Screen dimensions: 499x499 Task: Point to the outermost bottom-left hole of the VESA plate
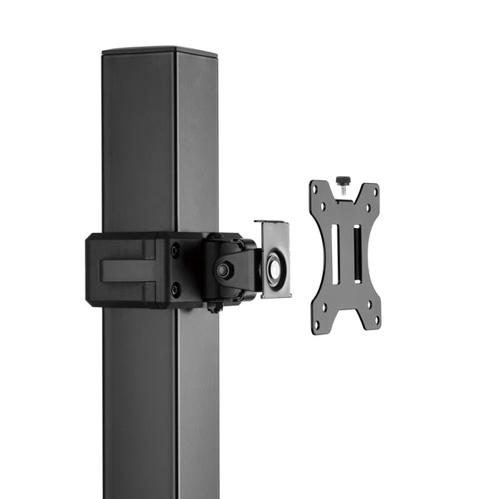point(317,324)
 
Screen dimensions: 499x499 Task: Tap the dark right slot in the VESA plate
point(357,254)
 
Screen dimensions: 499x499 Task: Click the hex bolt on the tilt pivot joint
point(223,270)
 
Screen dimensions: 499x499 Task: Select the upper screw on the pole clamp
point(175,249)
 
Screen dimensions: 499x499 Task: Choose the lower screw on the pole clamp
point(175,289)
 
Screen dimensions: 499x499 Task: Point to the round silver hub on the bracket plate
point(274,269)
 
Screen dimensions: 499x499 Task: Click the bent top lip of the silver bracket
point(271,223)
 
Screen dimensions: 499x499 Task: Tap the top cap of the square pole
point(159,52)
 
